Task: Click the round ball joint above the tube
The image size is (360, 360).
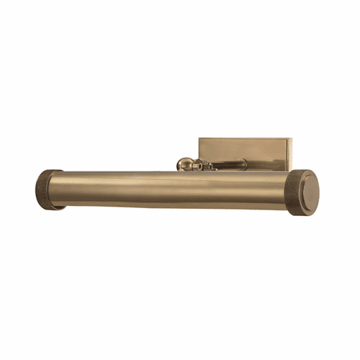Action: (x=185, y=165)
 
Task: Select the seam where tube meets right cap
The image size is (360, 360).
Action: (x=286, y=189)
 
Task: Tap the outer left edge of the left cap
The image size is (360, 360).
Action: (x=35, y=189)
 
